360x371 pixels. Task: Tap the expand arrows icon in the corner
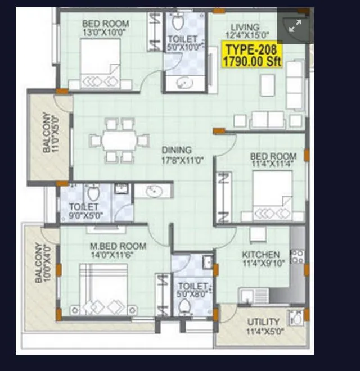295,26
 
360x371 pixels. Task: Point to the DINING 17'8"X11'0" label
182,155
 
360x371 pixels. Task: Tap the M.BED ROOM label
118,250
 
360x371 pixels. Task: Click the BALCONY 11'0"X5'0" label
49,134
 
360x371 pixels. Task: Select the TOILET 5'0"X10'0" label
183,43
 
